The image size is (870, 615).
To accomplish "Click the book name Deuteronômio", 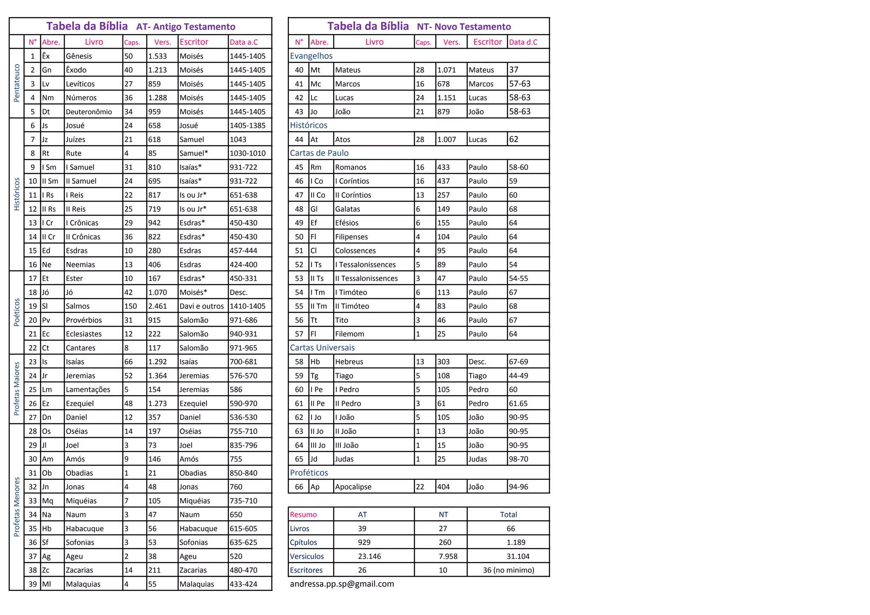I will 89,112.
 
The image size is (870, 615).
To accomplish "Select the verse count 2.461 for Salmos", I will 158,306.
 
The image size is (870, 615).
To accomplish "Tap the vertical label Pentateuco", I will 17,83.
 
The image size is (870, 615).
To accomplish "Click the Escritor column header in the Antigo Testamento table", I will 194,42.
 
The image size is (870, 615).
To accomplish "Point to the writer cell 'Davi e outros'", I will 201,306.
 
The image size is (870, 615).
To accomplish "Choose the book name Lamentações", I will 88,389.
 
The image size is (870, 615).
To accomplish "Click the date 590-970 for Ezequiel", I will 243,403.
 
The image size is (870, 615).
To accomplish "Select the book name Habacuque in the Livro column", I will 85,528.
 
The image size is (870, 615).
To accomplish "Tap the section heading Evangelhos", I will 311,56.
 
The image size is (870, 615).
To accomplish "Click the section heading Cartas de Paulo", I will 319,153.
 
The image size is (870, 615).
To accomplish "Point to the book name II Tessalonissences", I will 366,278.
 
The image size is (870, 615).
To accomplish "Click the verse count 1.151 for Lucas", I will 446,98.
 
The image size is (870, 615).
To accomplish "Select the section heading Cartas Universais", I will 322,348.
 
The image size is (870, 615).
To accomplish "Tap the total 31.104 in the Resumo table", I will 518,556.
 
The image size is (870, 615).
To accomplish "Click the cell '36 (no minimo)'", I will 508,570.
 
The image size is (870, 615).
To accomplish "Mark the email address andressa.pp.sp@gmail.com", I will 342,584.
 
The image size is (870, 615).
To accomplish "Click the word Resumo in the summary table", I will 303,515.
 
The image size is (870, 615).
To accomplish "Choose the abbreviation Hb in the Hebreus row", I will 315,362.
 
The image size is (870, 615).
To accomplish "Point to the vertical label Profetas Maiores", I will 17,388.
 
